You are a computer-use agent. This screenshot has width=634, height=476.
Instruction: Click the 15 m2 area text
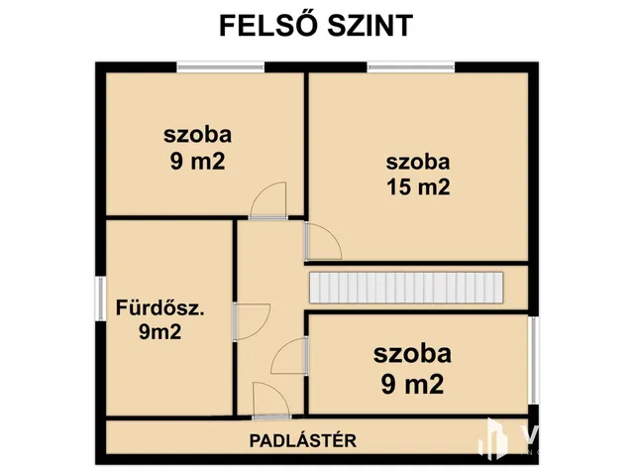click(419, 187)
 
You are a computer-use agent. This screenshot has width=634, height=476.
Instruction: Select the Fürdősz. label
click(159, 307)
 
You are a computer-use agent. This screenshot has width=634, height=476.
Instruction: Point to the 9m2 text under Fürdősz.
click(159, 333)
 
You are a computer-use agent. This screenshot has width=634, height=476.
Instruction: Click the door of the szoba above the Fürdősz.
click(268, 201)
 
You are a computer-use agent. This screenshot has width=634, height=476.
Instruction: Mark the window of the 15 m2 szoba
click(411, 66)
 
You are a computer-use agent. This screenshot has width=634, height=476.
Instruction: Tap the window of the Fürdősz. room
click(100, 308)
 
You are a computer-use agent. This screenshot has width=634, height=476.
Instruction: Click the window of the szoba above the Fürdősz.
click(220, 66)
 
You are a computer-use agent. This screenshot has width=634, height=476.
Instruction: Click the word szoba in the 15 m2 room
click(419, 161)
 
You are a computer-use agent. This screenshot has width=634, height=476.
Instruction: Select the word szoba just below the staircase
click(412, 352)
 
